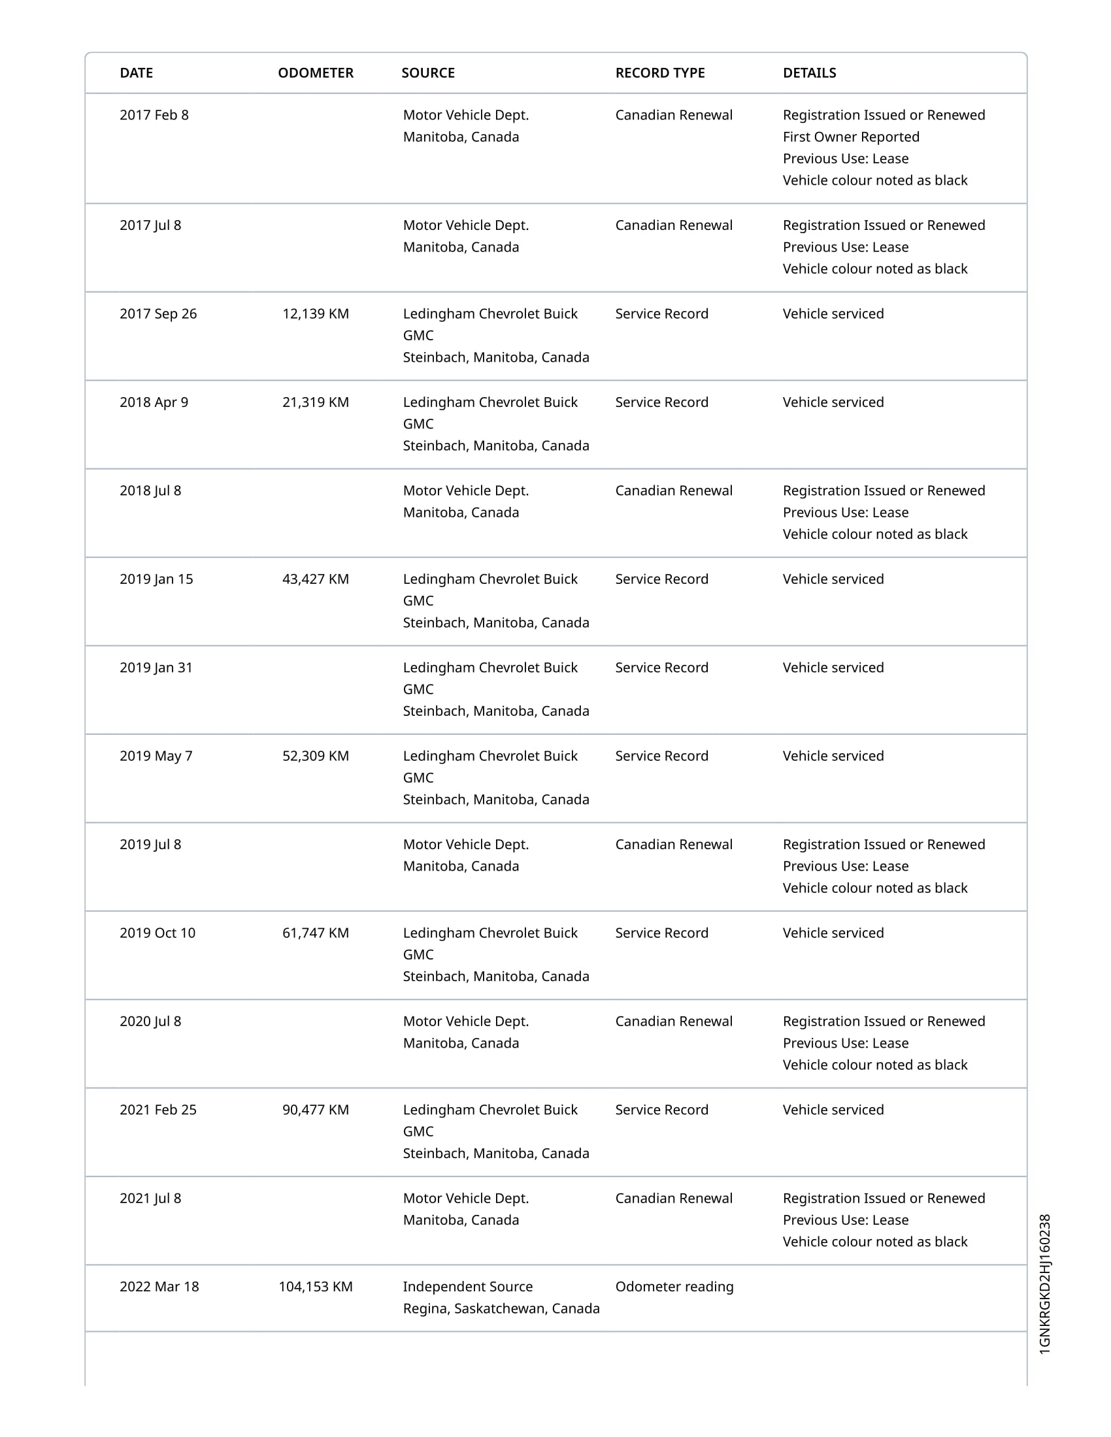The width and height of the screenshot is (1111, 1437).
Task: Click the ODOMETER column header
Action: [x=315, y=73]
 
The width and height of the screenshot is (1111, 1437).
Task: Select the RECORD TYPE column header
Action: [x=659, y=73]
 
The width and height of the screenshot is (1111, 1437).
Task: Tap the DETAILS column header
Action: [x=809, y=73]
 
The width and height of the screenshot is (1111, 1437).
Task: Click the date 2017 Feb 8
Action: [x=154, y=115]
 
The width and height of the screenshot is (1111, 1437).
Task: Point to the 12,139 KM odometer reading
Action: [x=315, y=314]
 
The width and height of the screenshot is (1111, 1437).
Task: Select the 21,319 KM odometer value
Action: [x=315, y=402]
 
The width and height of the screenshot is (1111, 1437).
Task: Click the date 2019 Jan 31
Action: [x=156, y=667]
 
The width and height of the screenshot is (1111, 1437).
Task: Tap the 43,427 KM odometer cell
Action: [x=315, y=579]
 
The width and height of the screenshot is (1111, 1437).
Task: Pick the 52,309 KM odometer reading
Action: [x=315, y=756]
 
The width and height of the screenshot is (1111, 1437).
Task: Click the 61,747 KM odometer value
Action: [x=315, y=933]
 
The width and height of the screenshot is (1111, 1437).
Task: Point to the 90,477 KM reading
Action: [x=315, y=1109]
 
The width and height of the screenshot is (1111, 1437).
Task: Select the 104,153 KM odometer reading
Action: [x=315, y=1286]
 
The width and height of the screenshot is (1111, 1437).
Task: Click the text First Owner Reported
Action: [x=850, y=137]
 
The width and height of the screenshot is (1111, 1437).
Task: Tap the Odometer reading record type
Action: [x=674, y=1286]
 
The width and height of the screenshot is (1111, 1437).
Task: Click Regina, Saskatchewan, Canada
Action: [x=501, y=1308]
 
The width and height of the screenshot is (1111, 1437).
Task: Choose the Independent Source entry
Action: [x=467, y=1286]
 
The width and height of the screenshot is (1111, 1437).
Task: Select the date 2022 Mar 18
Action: [x=159, y=1286]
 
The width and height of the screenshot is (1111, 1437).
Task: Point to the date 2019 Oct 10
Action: [x=158, y=933]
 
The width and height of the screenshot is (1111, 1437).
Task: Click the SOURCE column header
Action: [x=428, y=73]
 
